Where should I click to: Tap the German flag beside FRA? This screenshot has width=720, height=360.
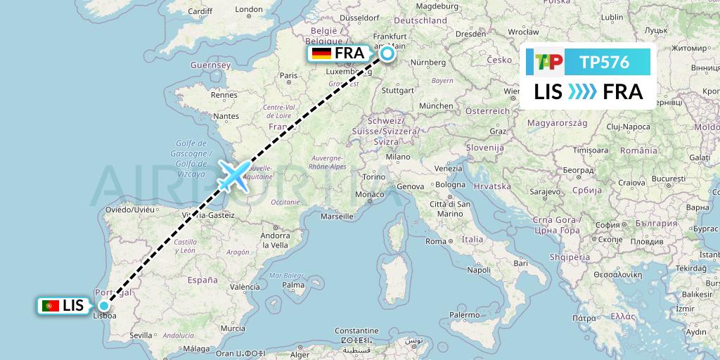[321, 54]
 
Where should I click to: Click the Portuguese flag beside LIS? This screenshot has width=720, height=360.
[50, 306]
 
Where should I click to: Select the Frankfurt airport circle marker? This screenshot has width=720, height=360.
[387, 53]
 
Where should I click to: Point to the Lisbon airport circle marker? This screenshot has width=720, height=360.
[104, 305]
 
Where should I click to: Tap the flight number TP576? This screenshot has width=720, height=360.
[604, 63]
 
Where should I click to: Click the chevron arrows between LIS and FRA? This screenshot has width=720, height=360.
[582, 91]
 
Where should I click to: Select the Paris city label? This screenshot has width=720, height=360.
[289, 75]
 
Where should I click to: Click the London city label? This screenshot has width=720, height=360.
[249, 10]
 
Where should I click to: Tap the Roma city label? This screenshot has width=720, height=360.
[436, 241]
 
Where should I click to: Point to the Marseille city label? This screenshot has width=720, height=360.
[336, 217]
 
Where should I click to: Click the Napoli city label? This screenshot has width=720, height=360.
[479, 269]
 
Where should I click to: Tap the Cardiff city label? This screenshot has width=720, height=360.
[200, 11]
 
